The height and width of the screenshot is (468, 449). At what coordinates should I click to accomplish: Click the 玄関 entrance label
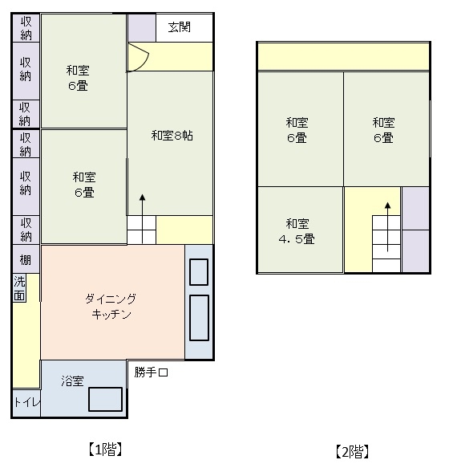[x=179, y=27]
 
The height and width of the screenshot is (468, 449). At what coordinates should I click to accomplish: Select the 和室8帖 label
[x=172, y=136]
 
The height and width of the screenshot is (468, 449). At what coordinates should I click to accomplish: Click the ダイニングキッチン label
[x=111, y=307]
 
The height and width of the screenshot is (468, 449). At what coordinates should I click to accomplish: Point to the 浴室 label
[x=72, y=381]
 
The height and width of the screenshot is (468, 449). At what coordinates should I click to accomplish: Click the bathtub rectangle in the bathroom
[x=105, y=399]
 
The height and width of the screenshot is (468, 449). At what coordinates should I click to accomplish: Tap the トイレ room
[x=26, y=403]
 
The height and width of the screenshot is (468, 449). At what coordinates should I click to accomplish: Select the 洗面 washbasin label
[x=19, y=288]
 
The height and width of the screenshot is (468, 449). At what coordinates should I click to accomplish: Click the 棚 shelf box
[x=26, y=259]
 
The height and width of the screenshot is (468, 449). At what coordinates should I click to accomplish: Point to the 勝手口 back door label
[x=152, y=372]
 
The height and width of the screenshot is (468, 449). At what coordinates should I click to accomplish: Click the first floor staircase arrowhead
[x=143, y=197]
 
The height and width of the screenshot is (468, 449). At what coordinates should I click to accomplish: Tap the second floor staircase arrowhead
[x=387, y=206]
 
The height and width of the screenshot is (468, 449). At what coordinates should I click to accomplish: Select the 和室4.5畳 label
[x=297, y=231]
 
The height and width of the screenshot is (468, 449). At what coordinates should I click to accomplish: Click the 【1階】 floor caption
[x=105, y=450]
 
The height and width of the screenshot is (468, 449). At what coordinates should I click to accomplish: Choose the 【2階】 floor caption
[x=352, y=452]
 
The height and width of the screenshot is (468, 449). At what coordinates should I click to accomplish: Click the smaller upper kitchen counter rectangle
[x=199, y=272]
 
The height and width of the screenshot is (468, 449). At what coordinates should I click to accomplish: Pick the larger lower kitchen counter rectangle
[x=199, y=318]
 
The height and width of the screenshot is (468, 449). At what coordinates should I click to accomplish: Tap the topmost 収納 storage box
[x=26, y=28]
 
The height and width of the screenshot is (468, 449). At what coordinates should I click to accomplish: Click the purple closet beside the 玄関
[x=142, y=28]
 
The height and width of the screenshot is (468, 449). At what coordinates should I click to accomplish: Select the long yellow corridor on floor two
[x=343, y=57]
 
